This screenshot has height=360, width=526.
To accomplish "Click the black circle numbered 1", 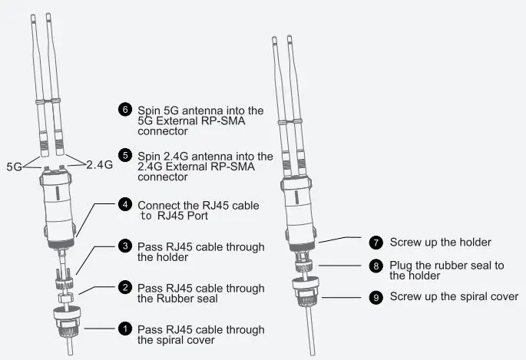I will pos(125,329).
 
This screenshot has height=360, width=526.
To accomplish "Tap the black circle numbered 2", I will pos(125,289).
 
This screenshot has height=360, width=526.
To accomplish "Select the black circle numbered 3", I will pos(125,247).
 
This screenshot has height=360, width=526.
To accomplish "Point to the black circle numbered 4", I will pos(125,206).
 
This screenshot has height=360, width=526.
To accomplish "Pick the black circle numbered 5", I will pos(125,156).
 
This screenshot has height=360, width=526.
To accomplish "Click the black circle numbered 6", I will pos(125,110).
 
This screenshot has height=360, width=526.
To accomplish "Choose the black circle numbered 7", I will pos(375,243).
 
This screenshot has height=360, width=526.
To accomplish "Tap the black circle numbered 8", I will pos(375,266).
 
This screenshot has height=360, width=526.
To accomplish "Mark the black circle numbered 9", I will pos(375,296).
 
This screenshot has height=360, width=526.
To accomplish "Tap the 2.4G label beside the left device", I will pos(100,165).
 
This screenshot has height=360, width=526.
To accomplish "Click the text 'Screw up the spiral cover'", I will pos(454,296).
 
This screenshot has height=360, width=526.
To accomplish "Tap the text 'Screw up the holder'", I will pos(440,243).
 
